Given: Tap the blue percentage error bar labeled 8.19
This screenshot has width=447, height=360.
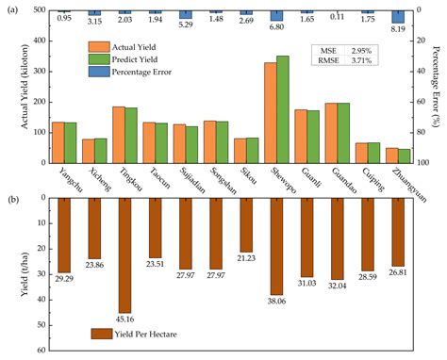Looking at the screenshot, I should [x=399, y=16].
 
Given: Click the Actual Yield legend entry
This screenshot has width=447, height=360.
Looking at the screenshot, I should [x=127, y=45].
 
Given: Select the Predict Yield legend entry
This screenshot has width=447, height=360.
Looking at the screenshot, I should [x=127, y=57].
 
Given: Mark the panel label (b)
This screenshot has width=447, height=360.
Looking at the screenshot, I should [x=12, y=199].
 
